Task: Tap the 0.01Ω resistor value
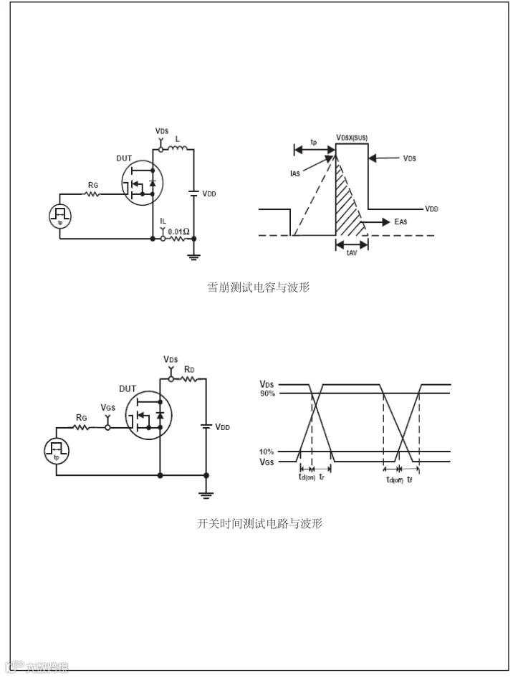point(179,231)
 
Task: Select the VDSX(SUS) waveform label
point(352,137)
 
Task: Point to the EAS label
point(401,223)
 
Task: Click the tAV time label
point(352,253)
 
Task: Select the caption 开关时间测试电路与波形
point(260,524)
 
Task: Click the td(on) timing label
point(306,478)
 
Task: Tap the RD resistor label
point(189,369)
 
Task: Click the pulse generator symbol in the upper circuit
point(59,214)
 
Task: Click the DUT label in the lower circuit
point(128,388)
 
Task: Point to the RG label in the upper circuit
point(93,185)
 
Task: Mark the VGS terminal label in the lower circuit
point(107,408)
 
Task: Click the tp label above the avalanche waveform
point(314,142)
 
